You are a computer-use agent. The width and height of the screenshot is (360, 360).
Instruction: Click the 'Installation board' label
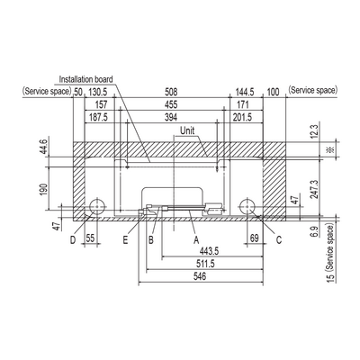pyautogui.click(x=86, y=79)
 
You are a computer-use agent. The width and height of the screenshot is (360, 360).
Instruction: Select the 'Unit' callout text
pyautogui.click(x=187, y=130)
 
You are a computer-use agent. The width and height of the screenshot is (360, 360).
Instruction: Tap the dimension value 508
pyautogui.click(x=171, y=92)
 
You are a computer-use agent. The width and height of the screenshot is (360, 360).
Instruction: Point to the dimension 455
pyautogui.click(x=171, y=104)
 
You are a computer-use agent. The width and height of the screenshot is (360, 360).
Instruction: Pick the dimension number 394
pyautogui.click(x=171, y=117)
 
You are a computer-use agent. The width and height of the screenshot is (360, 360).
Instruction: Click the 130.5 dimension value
pyautogui.click(x=96, y=92)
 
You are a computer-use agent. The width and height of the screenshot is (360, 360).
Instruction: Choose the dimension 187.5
pyautogui.click(x=98, y=117)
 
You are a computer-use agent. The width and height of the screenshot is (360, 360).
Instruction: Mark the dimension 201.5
pyautogui.click(x=243, y=117)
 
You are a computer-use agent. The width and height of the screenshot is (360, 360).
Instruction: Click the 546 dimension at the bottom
pyautogui.click(x=200, y=276)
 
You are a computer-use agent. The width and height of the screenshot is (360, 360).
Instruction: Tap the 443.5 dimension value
pyautogui.click(x=209, y=251)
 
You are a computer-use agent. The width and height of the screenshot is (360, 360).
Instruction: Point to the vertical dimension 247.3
pyautogui.click(x=314, y=189)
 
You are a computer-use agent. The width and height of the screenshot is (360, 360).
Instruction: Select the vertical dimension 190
pyautogui.click(x=44, y=189)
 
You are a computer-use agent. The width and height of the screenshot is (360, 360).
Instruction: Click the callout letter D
pyautogui.click(x=73, y=240)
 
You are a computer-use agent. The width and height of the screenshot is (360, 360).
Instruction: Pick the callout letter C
pyautogui.click(x=279, y=240)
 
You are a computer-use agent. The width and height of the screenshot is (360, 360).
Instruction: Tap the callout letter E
pyautogui.click(x=125, y=240)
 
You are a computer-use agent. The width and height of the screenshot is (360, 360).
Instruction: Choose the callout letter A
pyautogui.click(x=196, y=240)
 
